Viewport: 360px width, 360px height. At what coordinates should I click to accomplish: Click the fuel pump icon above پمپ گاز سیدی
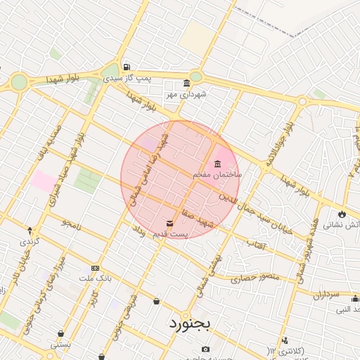click(127, 67)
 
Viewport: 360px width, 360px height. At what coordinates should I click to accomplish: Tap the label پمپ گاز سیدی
click(127, 79)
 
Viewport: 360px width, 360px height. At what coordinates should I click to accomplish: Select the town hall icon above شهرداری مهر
click(186, 82)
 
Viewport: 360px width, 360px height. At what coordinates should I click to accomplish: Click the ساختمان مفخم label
click(217, 173)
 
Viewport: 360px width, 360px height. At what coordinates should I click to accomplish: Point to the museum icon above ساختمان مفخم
click(217, 163)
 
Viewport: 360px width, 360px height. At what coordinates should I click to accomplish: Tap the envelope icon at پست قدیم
click(170, 224)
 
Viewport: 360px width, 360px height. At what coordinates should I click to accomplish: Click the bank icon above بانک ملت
click(95, 268)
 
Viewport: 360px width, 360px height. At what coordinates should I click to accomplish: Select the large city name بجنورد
click(191, 325)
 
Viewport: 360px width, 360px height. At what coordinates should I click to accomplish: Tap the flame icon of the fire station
click(342, 214)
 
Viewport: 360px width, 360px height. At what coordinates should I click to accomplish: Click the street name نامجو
click(71, 224)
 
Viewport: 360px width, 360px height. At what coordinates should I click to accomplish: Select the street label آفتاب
click(255, 243)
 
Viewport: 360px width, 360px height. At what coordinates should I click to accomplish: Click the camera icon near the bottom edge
click(205, 349)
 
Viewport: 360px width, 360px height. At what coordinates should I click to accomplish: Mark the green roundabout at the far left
click(19, 82)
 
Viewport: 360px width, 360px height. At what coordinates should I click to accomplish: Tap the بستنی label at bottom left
click(60, 345)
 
